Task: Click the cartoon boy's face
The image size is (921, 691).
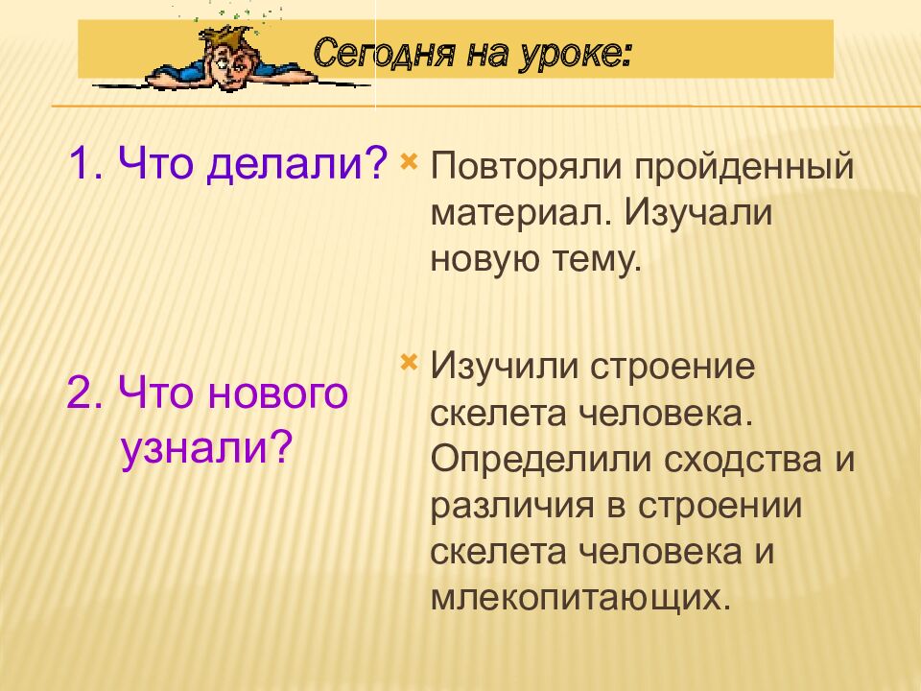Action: (228, 66)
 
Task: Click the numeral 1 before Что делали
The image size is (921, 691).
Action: (80, 163)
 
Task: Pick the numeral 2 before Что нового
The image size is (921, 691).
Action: (80, 393)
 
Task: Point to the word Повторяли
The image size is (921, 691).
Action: (527, 167)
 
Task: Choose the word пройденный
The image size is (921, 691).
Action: (744, 167)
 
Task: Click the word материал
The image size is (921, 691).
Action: (519, 213)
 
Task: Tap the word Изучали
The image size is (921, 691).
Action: (697, 213)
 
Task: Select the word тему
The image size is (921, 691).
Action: (597, 260)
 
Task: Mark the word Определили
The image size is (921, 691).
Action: (541, 460)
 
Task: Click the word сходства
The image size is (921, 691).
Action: (743, 460)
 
